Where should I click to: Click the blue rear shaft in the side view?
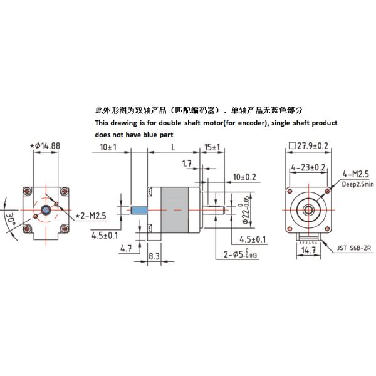coord(139,209)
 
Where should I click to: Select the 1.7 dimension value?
coord(187,165)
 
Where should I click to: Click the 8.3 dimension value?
coord(154,257)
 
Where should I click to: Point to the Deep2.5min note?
coord(358,184)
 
